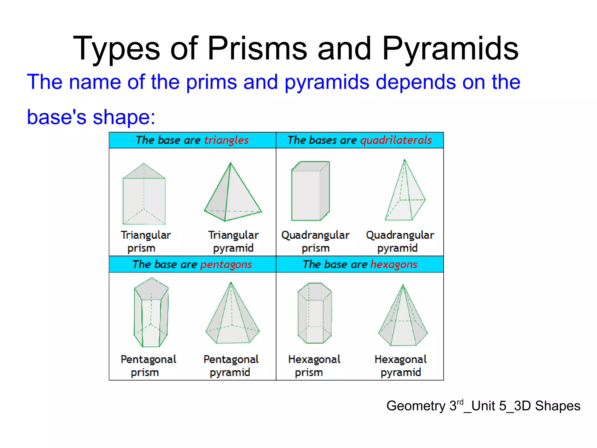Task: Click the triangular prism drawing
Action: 144,194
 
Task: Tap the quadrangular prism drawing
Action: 310,191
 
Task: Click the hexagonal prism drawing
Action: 315,313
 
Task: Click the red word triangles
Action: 226,140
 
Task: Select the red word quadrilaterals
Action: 396,140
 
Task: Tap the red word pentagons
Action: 226,264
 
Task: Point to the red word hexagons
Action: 394,264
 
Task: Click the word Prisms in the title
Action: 257,48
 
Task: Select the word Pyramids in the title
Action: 450,48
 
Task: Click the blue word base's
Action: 57,117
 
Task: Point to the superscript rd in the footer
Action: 460,402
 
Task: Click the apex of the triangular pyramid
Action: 231,163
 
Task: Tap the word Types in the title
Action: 116,48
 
